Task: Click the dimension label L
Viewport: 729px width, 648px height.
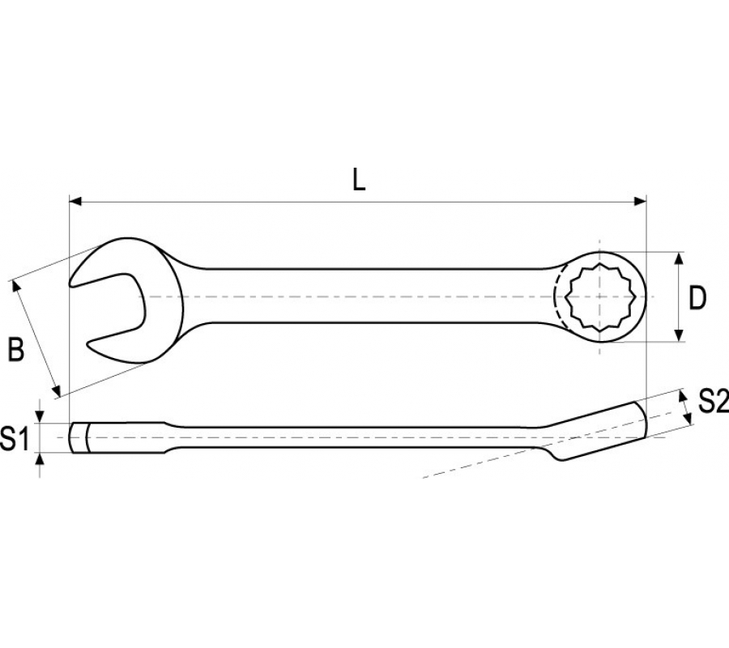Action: pyautogui.click(x=359, y=180)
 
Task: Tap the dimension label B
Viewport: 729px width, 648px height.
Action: pyautogui.click(x=16, y=350)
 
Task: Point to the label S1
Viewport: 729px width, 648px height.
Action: pyautogui.click(x=15, y=438)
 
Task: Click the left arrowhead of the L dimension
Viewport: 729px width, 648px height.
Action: pyautogui.click(x=75, y=201)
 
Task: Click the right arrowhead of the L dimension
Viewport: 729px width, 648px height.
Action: pyautogui.click(x=640, y=201)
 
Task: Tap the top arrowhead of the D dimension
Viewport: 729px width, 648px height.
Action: pyautogui.click(x=679, y=259)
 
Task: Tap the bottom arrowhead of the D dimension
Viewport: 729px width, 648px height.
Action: pyautogui.click(x=679, y=335)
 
